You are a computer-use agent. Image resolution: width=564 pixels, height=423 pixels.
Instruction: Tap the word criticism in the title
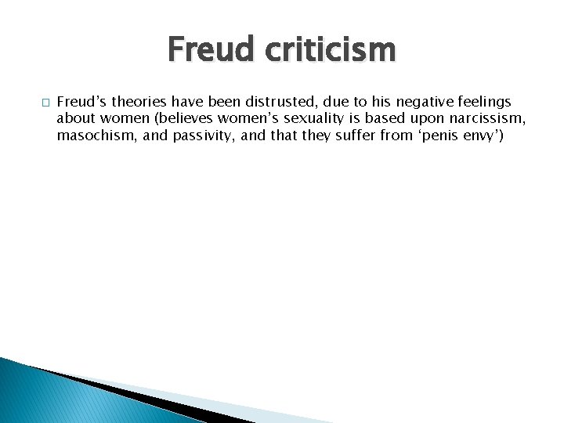click(330, 51)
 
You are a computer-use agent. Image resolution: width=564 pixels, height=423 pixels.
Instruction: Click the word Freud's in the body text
click(81, 102)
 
